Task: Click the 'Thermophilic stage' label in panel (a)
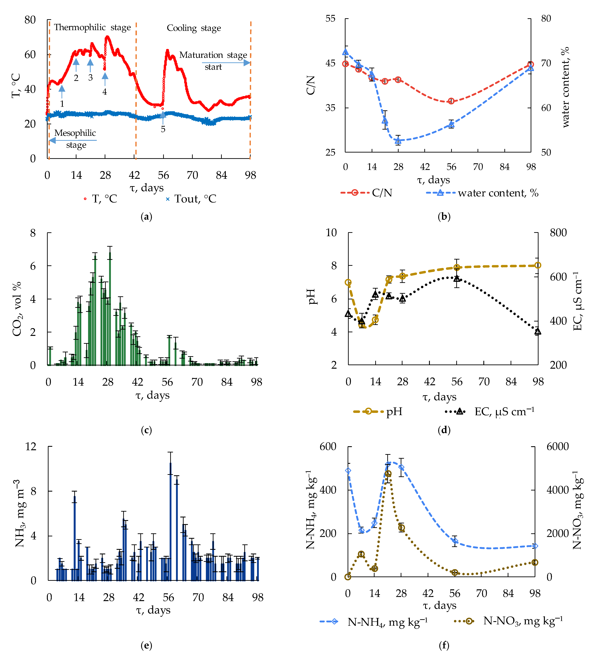[x=92, y=27]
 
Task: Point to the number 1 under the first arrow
[x=62, y=104]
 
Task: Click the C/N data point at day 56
[x=451, y=101]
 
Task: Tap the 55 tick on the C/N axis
[x=330, y=19]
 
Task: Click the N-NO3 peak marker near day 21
[x=388, y=474]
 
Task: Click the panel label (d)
[x=444, y=430]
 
